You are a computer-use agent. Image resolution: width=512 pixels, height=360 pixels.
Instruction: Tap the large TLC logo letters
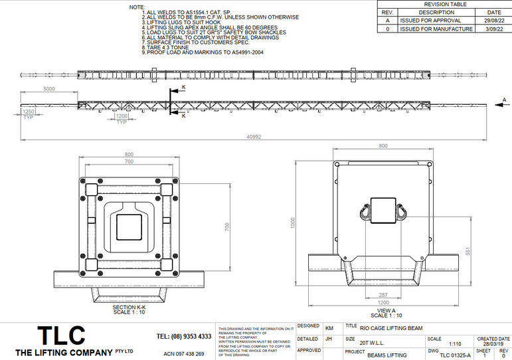pyautogui.click(x=61, y=335)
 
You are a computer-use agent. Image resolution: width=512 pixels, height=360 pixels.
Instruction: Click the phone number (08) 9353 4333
pyautogui.click(x=183, y=337)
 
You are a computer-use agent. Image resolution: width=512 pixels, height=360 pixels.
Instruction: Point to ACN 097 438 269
pyautogui.click(x=183, y=354)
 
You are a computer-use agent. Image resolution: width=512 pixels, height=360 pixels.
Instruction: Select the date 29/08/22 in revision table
pyautogui.click(x=493, y=21)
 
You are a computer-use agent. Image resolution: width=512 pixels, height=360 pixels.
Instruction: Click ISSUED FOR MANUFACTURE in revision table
pyautogui.click(x=436, y=29)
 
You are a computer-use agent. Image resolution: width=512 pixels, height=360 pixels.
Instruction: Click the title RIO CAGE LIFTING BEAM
pyautogui.click(x=391, y=327)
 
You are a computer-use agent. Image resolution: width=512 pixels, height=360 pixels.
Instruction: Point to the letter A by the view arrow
pyautogui.click(x=503, y=100)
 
